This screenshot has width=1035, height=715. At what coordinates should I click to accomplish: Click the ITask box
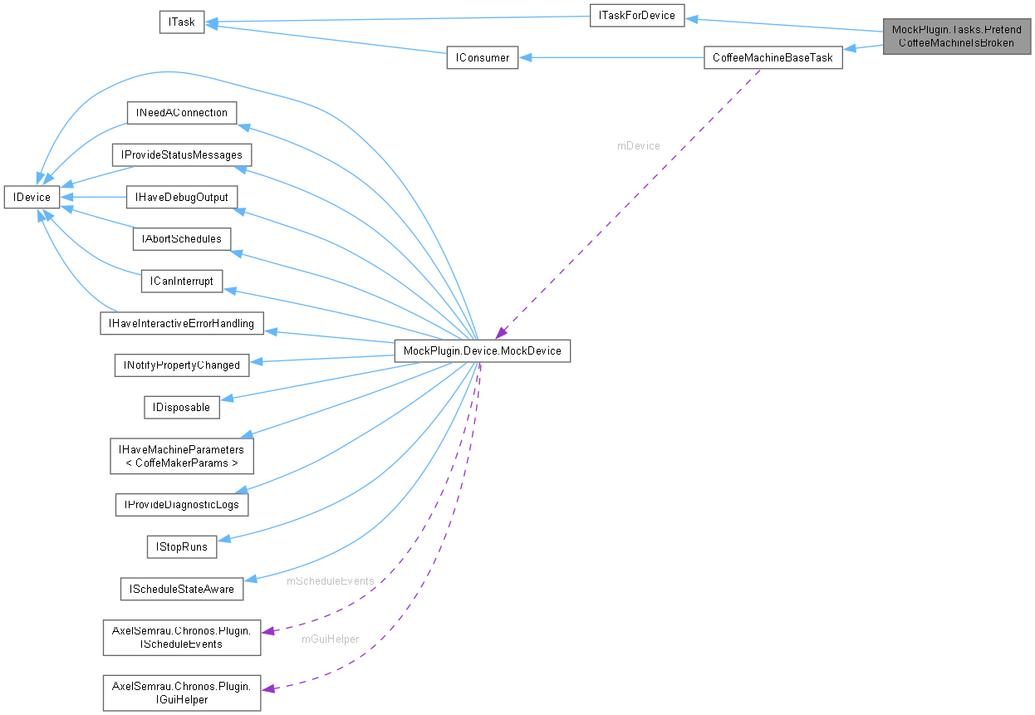(x=181, y=22)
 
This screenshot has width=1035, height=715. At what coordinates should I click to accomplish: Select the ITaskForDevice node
(x=637, y=15)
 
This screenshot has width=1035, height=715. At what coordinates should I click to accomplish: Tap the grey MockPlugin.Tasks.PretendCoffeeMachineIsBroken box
(x=957, y=37)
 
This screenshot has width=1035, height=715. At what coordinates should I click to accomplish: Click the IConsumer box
(x=482, y=57)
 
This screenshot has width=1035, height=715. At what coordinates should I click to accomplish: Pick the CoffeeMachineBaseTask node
(x=773, y=57)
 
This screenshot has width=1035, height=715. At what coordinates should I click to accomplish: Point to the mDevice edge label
(x=638, y=145)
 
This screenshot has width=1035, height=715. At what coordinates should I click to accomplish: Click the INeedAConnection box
(x=181, y=112)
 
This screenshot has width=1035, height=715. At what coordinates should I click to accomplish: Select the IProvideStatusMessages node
(x=181, y=154)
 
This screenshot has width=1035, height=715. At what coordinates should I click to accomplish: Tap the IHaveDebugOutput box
(x=181, y=197)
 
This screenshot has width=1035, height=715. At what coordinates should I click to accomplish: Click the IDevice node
(x=32, y=197)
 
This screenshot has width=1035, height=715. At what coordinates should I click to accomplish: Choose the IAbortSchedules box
(x=181, y=238)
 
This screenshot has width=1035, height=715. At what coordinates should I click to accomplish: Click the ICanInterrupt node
(x=181, y=281)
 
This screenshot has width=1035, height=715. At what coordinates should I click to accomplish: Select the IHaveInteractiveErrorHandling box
(x=181, y=323)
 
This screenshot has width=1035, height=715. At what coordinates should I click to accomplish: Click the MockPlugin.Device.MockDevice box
(x=482, y=350)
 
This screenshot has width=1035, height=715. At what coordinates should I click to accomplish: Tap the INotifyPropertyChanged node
(x=181, y=365)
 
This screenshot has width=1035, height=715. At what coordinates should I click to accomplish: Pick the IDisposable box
(x=181, y=407)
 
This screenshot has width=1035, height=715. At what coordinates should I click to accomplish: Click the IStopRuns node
(x=181, y=546)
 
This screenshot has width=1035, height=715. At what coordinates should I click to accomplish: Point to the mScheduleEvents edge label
(x=330, y=580)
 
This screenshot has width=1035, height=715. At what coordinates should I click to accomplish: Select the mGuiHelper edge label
(x=330, y=639)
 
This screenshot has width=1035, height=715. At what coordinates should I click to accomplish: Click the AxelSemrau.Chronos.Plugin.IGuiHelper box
(x=181, y=693)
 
